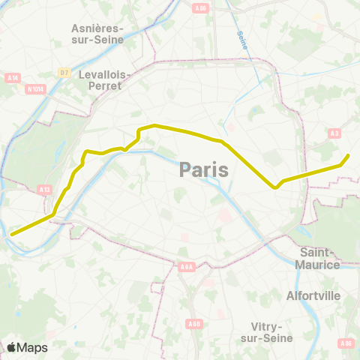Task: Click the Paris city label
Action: tap(204, 170)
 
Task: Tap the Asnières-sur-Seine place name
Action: tap(97, 34)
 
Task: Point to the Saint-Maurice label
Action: tap(320, 258)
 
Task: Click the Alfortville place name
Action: tap(313, 295)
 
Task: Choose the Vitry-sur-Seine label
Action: tap(268, 332)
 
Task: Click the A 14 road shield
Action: tap(13, 77)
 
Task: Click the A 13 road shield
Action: tap(44, 190)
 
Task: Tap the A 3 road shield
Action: tap(334, 133)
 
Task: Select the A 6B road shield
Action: tap(195, 323)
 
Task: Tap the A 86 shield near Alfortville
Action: tap(345, 343)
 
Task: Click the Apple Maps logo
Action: tap(26, 347)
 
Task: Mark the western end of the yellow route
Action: tap(11, 234)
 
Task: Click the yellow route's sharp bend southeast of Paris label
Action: tap(276, 187)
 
